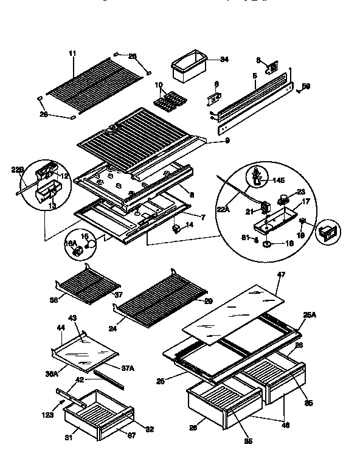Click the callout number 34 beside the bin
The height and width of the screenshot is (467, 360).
[x=224, y=60]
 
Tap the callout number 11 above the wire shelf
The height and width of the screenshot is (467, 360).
[x=72, y=54]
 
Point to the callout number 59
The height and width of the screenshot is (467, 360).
[x=306, y=86]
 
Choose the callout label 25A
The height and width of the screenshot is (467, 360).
[x=310, y=315]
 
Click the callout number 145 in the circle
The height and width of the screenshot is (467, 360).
[x=279, y=181]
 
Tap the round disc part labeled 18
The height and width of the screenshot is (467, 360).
[x=270, y=245]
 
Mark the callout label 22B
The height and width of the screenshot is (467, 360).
[x=18, y=170]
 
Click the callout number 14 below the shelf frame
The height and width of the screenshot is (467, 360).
[x=189, y=225]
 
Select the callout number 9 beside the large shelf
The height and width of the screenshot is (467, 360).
[x=210, y=140]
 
